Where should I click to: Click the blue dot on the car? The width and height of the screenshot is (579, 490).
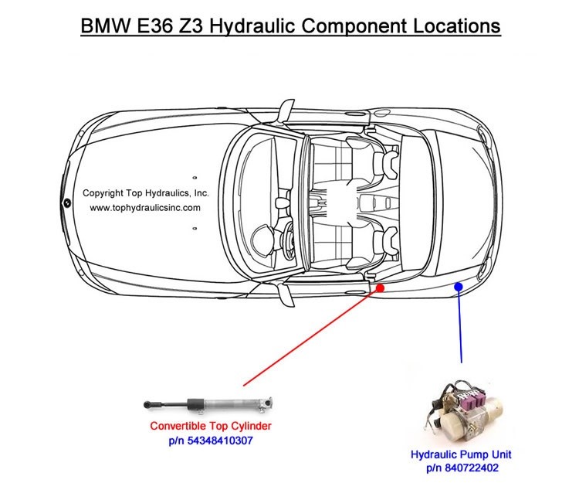[459, 287]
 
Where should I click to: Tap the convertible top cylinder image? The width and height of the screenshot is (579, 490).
[208, 403]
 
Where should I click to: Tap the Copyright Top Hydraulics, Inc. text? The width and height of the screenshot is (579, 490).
[146, 193]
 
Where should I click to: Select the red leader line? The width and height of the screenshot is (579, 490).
[309, 338]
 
